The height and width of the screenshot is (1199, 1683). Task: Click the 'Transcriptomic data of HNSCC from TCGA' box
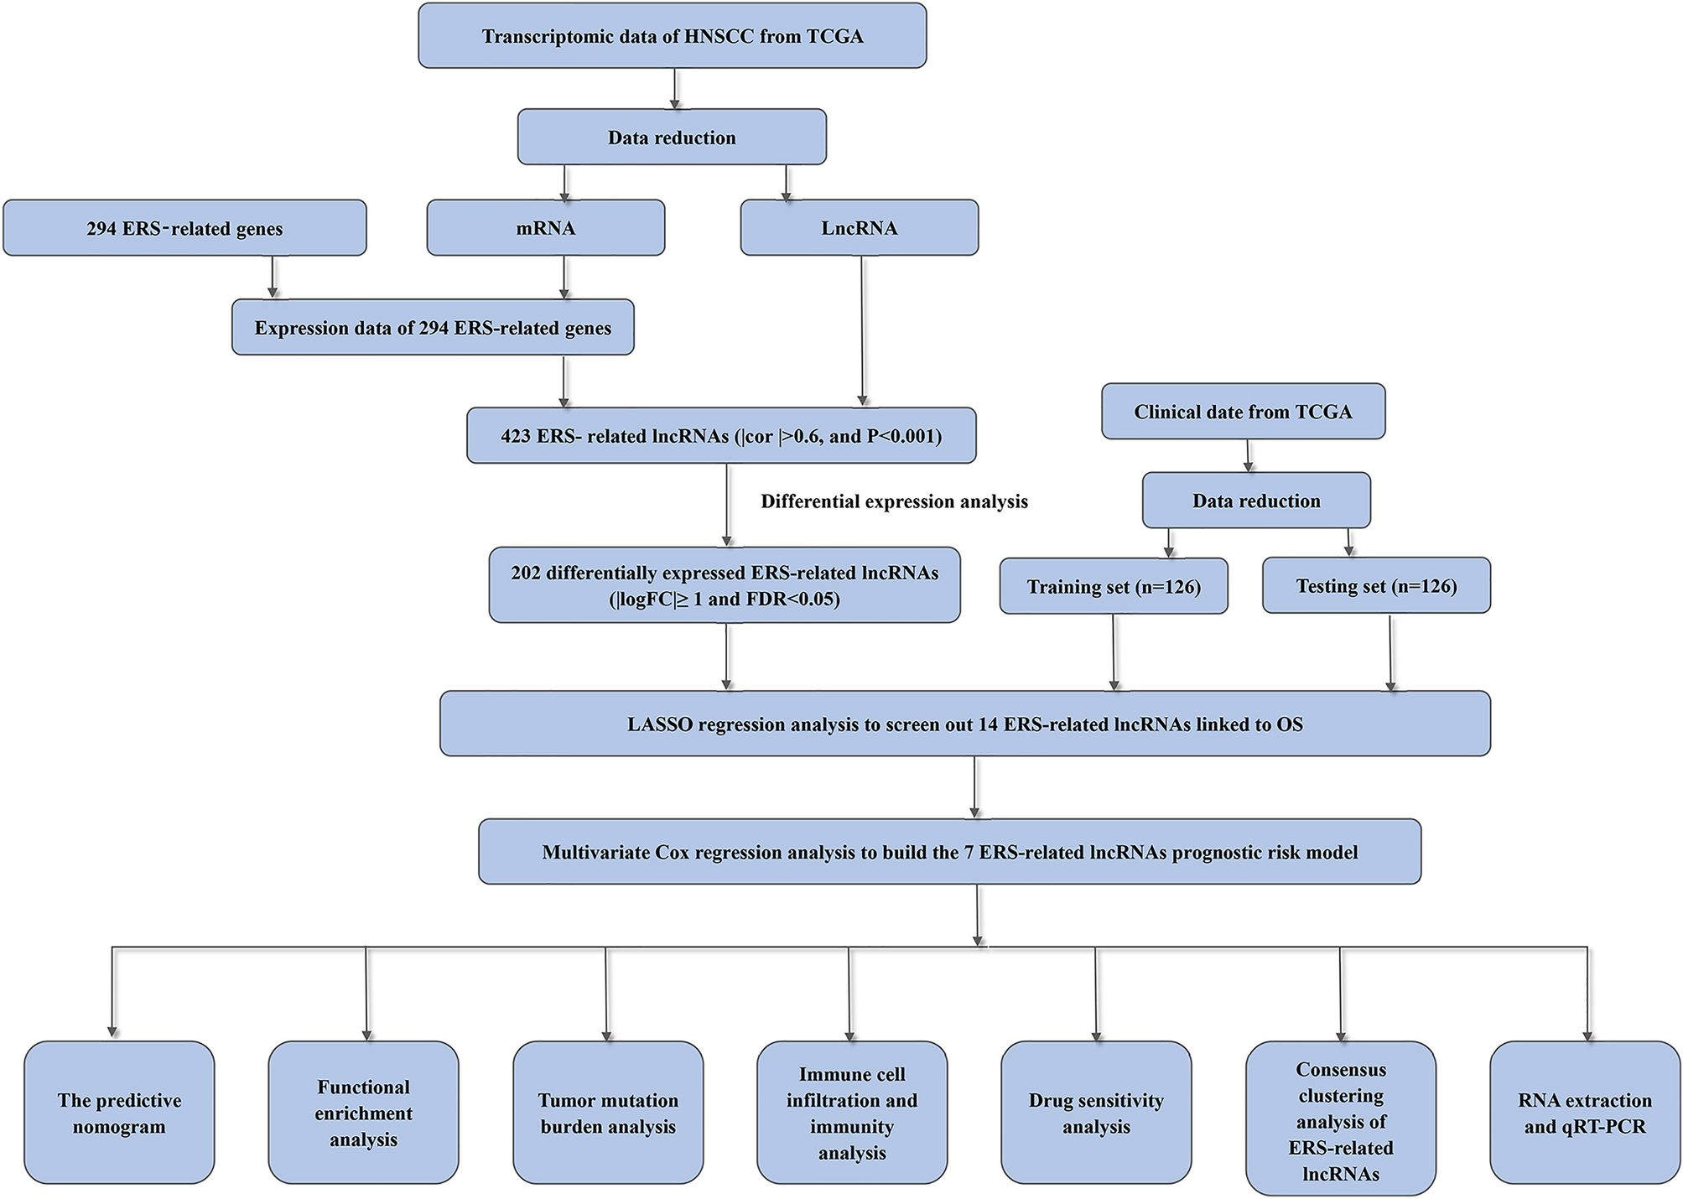coord(672,36)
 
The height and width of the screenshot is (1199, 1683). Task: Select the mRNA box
coord(545,228)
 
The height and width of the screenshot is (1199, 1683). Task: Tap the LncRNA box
coord(859,228)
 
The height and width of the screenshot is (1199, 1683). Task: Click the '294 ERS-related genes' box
coord(184,228)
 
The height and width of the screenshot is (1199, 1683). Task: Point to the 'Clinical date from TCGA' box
coord(1243,412)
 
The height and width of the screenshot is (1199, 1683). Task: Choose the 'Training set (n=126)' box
coord(1114,586)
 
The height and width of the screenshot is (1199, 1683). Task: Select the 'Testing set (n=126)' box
coord(1376,585)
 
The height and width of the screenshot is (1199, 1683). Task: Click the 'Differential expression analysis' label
coord(894,501)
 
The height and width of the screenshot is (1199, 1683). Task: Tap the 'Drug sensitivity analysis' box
coord(1096,1113)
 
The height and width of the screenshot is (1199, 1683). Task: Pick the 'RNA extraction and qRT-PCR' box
coord(1584,1113)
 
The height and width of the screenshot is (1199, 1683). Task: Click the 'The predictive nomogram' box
coord(119,1113)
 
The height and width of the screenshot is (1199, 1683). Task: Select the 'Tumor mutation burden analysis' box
coord(608,1113)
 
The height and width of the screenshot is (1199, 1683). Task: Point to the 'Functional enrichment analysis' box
coord(363,1113)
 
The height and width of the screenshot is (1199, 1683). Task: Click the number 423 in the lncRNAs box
coord(516,436)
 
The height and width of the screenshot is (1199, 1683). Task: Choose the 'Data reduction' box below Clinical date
coord(1256,501)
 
